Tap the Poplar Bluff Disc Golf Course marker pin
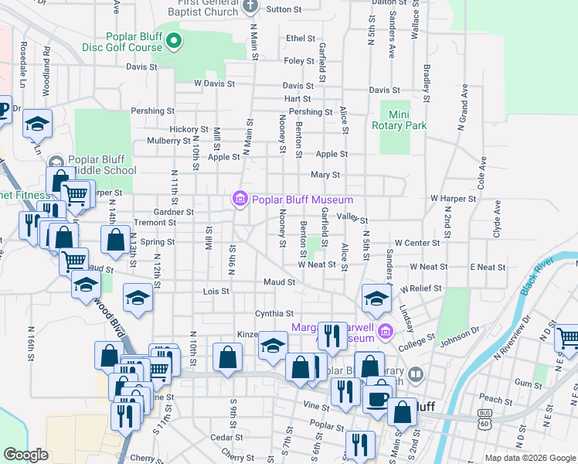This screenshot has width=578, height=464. [x=175, y=40]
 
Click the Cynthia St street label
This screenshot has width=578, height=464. [x=274, y=314]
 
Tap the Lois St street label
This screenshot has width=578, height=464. [x=216, y=292]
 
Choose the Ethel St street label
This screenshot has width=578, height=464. [x=301, y=38]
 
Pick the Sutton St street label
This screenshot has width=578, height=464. [x=284, y=9]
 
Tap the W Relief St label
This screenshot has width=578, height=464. [x=421, y=288]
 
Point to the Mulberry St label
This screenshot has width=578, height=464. [x=172, y=142]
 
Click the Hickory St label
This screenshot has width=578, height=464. [x=189, y=130]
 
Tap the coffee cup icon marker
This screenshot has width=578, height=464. [x=377, y=397]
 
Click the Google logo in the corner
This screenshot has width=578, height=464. [x=26, y=455]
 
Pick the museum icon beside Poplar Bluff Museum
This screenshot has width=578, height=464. [x=240, y=200]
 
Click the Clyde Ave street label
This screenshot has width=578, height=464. [x=497, y=220]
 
